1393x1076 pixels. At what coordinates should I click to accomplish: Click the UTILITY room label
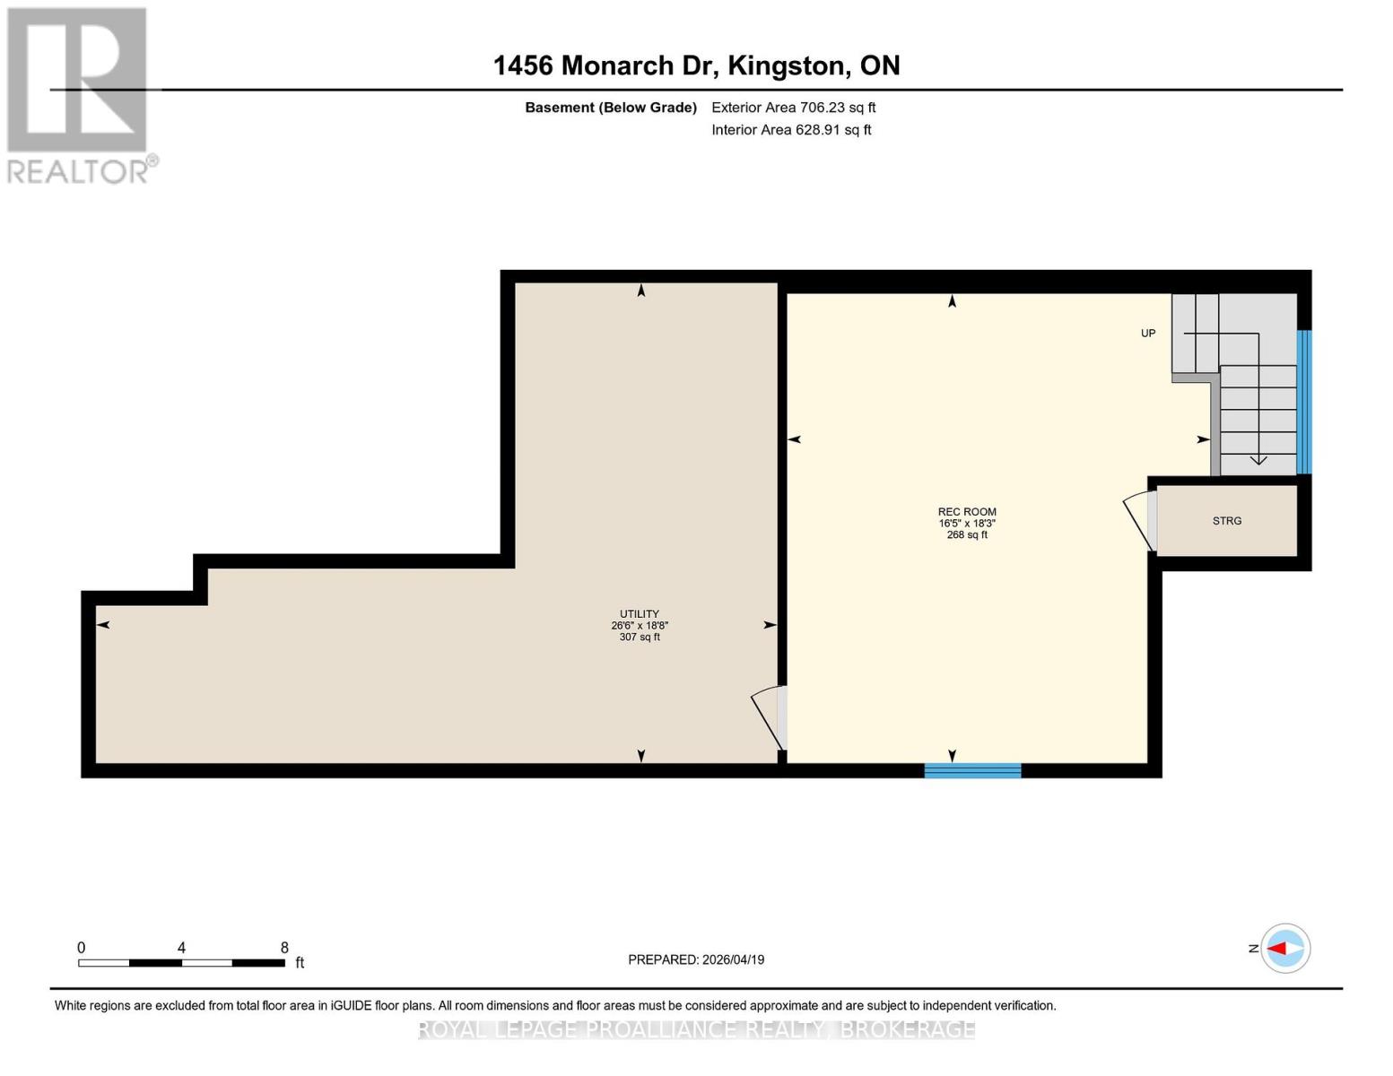tap(640, 614)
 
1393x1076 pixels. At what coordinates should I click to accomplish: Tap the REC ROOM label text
tap(967, 512)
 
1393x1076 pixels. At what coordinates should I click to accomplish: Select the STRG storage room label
tap(1227, 521)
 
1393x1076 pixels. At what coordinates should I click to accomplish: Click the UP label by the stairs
tap(1148, 334)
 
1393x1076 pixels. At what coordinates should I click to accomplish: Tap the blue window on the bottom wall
tap(972, 770)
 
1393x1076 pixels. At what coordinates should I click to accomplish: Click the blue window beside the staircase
tap(1304, 402)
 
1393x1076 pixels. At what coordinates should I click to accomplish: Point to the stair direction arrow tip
tap(1258, 462)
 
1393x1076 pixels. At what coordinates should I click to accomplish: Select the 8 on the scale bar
tap(284, 948)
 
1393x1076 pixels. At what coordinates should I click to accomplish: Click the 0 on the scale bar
tap(82, 948)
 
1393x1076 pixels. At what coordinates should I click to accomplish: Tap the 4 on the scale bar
tap(182, 948)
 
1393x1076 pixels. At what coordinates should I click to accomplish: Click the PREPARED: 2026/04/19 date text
tap(696, 959)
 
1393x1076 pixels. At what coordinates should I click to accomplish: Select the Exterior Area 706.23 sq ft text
tap(793, 108)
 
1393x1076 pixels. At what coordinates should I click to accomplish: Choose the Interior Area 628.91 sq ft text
tap(791, 130)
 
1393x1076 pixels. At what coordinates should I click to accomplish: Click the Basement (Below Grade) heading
tap(610, 108)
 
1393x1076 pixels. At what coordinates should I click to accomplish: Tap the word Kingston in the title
tap(787, 65)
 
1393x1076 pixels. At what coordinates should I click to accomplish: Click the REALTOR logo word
tap(79, 171)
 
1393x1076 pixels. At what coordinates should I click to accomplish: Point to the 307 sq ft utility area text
tap(640, 638)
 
